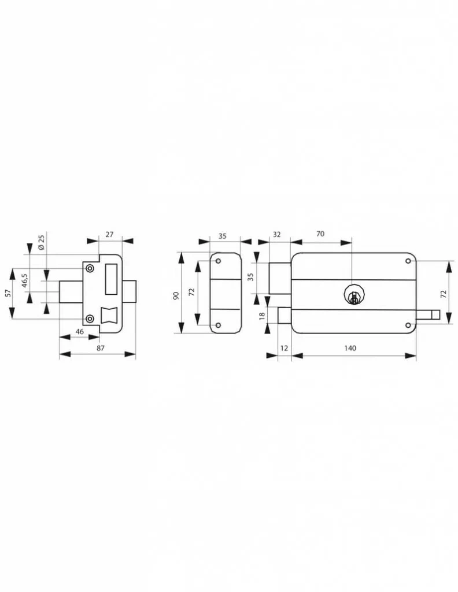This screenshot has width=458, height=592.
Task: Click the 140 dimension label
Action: [x=350, y=348]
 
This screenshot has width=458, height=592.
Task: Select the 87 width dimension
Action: [x=100, y=348]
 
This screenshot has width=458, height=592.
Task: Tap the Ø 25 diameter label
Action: [x=41, y=242]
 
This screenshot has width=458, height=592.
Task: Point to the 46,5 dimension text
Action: [x=25, y=281]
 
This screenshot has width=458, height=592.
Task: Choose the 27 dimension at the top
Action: [x=109, y=235]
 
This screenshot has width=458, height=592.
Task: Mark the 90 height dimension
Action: [x=176, y=295]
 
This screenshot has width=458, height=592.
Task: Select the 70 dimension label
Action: [x=320, y=234]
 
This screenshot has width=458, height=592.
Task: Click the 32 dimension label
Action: [x=277, y=235]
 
